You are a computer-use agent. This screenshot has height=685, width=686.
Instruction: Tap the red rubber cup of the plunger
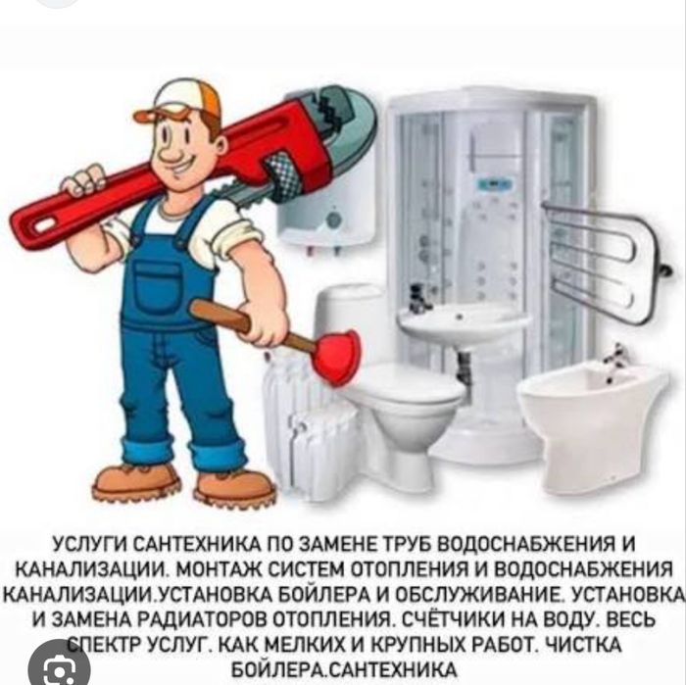(336, 356)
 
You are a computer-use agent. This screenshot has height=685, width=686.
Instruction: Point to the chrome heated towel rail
(609, 263)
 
